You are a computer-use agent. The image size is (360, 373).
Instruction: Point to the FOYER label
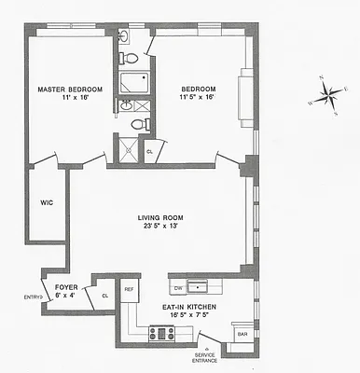pos(65,287)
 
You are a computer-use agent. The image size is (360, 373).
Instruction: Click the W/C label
pos(46,201)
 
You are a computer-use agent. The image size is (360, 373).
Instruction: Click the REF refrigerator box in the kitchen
pos(130,290)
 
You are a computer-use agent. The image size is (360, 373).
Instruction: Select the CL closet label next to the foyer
pos(105,297)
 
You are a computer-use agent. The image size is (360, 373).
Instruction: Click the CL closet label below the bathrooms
pos(149,150)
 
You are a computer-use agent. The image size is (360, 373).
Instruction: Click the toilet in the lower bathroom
pos(138,124)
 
